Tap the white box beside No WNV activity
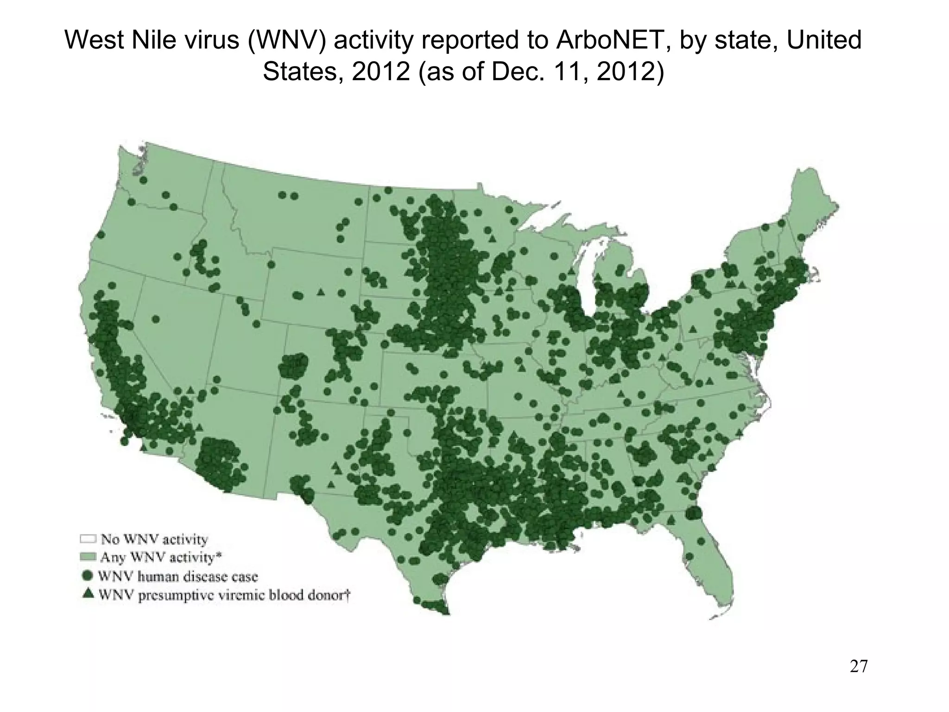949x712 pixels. (88, 539)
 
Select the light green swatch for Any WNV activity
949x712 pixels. (88, 556)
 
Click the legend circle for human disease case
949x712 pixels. (88, 576)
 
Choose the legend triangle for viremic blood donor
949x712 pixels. (88, 594)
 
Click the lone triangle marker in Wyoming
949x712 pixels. (320, 292)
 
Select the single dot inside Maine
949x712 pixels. (800, 237)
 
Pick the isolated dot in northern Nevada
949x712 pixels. (156, 319)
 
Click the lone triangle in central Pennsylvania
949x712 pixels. (693, 330)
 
